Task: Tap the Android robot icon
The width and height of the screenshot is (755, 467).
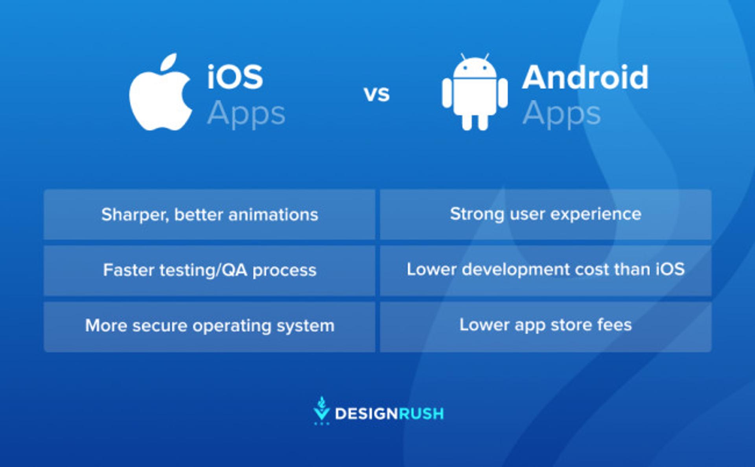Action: tap(475, 94)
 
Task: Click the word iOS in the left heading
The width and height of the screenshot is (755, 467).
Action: tap(235, 77)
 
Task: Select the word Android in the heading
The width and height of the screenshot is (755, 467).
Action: tap(585, 77)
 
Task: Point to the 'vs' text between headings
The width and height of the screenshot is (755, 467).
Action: tap(377, 94)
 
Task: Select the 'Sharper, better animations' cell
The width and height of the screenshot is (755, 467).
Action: tap(210, 215)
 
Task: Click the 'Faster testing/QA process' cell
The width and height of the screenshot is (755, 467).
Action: tap(210, 270)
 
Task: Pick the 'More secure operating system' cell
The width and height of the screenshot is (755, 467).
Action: tap(210, 326)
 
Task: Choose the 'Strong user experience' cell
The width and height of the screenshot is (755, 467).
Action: tap(545, 214)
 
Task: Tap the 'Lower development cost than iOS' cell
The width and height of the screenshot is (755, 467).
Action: tap(545, 270)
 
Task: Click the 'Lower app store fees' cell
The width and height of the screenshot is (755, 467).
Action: tap(545, 325)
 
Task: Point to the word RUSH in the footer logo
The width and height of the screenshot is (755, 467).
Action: tap(421, 414)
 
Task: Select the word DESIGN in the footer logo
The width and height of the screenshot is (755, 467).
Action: tap(366, 414)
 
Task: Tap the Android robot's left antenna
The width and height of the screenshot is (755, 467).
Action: tap(463, 57)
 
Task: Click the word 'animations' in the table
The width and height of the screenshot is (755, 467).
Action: tap(273, 215)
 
